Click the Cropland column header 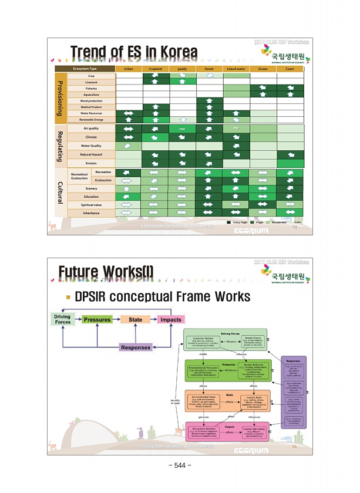point(155,69)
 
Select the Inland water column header point(235,69)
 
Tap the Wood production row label point(91,101)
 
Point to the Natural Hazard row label point(91,154)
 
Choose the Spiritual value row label point(91,204)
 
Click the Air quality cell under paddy point(182,128)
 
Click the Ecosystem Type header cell point(85,69)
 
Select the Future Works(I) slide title point(106,272)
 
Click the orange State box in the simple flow point(136,320)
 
